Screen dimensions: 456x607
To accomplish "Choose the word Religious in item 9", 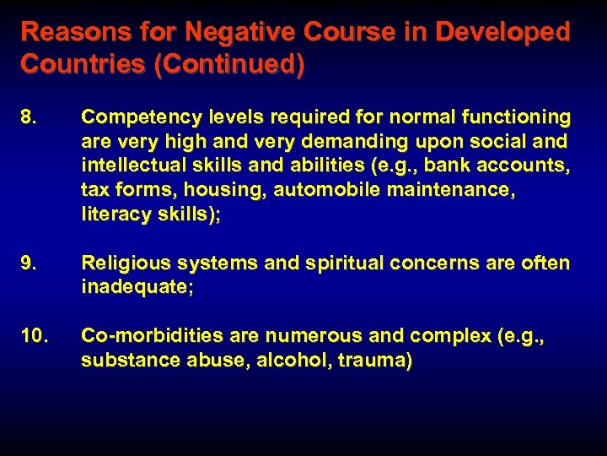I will click(x=121, y=263).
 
